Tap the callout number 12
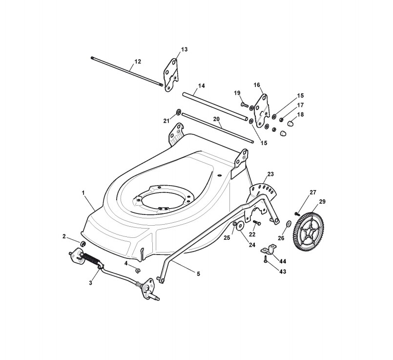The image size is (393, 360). pos(137,62)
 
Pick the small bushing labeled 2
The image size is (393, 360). pos(83,243)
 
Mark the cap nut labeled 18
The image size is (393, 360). pos(289,123)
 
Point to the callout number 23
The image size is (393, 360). pos(270,174)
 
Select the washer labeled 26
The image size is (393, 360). pos(288,224)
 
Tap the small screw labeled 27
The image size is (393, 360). pos(297,213)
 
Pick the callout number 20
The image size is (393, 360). pos(216,119)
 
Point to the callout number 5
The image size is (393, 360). pos(198,274)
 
